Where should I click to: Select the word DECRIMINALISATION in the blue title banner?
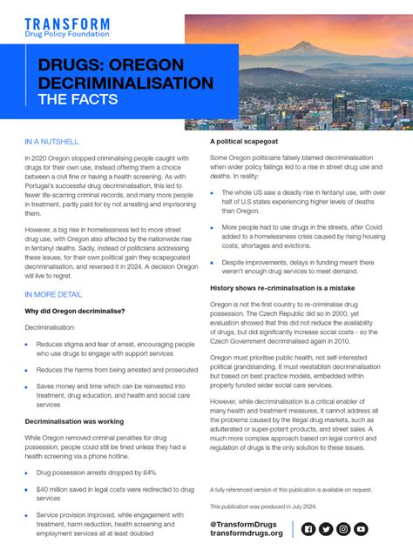(x=125, y=83)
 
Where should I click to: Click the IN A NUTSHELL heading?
(x=51, y=141)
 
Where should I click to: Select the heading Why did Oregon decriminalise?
(x=75, y=311)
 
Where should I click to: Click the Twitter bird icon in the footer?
(x=326, y=528)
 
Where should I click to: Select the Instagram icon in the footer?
(x=343, y=528)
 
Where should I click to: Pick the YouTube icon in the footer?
(x=361, y=528)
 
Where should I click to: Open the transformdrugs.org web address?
(x=247, y=533)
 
